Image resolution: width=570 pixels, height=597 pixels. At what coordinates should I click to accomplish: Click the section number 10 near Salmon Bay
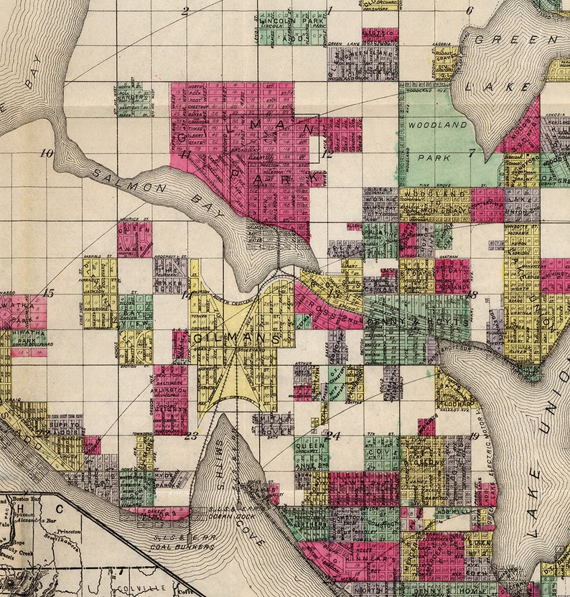pos(47,153)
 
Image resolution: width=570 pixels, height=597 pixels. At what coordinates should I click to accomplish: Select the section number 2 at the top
pos(184,11)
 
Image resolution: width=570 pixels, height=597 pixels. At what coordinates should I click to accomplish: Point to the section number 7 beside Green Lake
pos(472,152)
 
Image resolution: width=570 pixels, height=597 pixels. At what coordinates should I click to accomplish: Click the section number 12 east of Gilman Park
pos(327,154)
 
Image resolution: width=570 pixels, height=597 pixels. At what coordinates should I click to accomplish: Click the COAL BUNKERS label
pos(179,547)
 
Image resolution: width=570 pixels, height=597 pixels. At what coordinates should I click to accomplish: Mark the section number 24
pos(332,435)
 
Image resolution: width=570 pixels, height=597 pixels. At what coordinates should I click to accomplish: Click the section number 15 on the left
pos(48,292)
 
